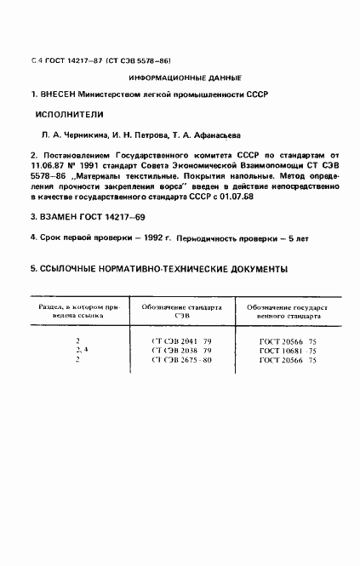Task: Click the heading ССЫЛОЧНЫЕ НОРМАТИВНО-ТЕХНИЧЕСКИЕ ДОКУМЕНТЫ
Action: pyautogui.click(x=158, y=270)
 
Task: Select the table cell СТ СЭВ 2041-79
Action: pyautogui.click(x=181, y=341)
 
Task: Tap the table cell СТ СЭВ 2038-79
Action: pyautogui.click(x=181, y=351)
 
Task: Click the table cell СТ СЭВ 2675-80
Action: pyautogui.click(x=181, y=361)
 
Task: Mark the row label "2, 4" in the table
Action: pyautogui.click(x=82, y=351)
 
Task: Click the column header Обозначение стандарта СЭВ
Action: pyautogui.click(x=181, y=311)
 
